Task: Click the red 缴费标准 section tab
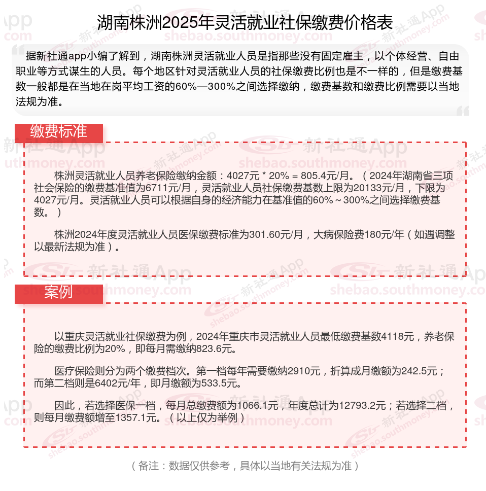[59, 132]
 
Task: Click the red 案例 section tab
[59, 293]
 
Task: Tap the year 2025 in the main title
[179, 23]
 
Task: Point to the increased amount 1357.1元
[137, 418]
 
